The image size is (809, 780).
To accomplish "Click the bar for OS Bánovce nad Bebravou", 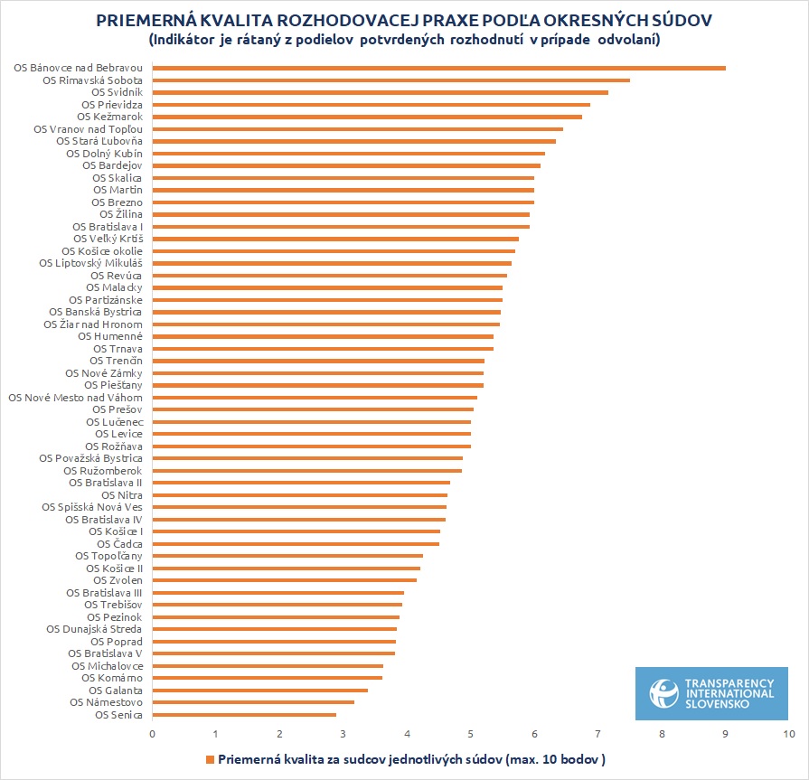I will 438,68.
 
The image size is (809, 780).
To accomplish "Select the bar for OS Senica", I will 244,715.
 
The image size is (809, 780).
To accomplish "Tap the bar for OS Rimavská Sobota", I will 390,80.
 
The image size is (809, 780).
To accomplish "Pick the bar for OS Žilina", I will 341,214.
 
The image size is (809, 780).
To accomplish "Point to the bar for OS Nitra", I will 300,495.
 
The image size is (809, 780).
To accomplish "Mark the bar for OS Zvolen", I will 284,580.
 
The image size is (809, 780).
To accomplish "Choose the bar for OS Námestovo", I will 253,702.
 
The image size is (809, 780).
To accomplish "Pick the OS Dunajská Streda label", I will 94,629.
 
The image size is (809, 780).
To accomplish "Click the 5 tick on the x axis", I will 471,733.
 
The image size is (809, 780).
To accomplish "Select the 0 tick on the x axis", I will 153,733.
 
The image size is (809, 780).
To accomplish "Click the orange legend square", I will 211,759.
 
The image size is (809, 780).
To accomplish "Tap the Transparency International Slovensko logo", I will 711,693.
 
